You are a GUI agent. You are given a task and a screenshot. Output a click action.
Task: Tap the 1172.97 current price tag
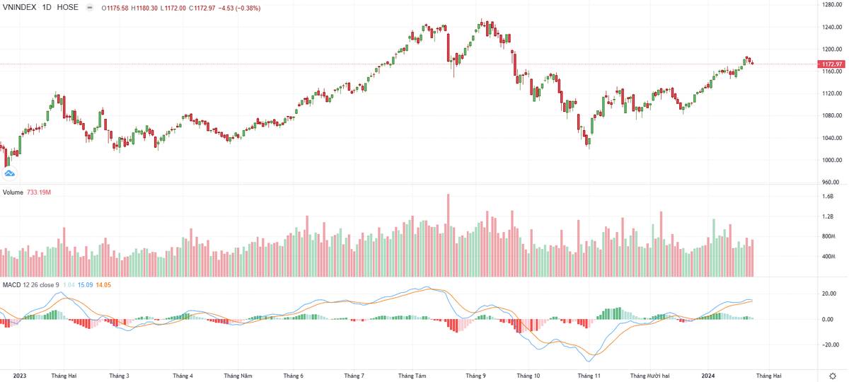point(831,64)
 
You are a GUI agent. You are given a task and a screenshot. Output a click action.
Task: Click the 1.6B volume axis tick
point(828,197)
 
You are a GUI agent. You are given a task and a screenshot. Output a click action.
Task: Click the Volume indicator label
point(13,192)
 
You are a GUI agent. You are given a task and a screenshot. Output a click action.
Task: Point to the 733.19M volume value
point(39,192)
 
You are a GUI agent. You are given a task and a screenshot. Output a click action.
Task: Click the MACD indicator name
point(11,284)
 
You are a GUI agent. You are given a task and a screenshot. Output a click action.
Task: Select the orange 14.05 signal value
point(103,284)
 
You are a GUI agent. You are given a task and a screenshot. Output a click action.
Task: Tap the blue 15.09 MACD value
point(85,284)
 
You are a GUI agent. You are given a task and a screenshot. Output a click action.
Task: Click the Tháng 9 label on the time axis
point(475,376)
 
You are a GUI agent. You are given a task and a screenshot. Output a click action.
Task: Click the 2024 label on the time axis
point(710,376)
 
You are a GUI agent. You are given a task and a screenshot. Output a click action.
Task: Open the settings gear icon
point(832,376)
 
